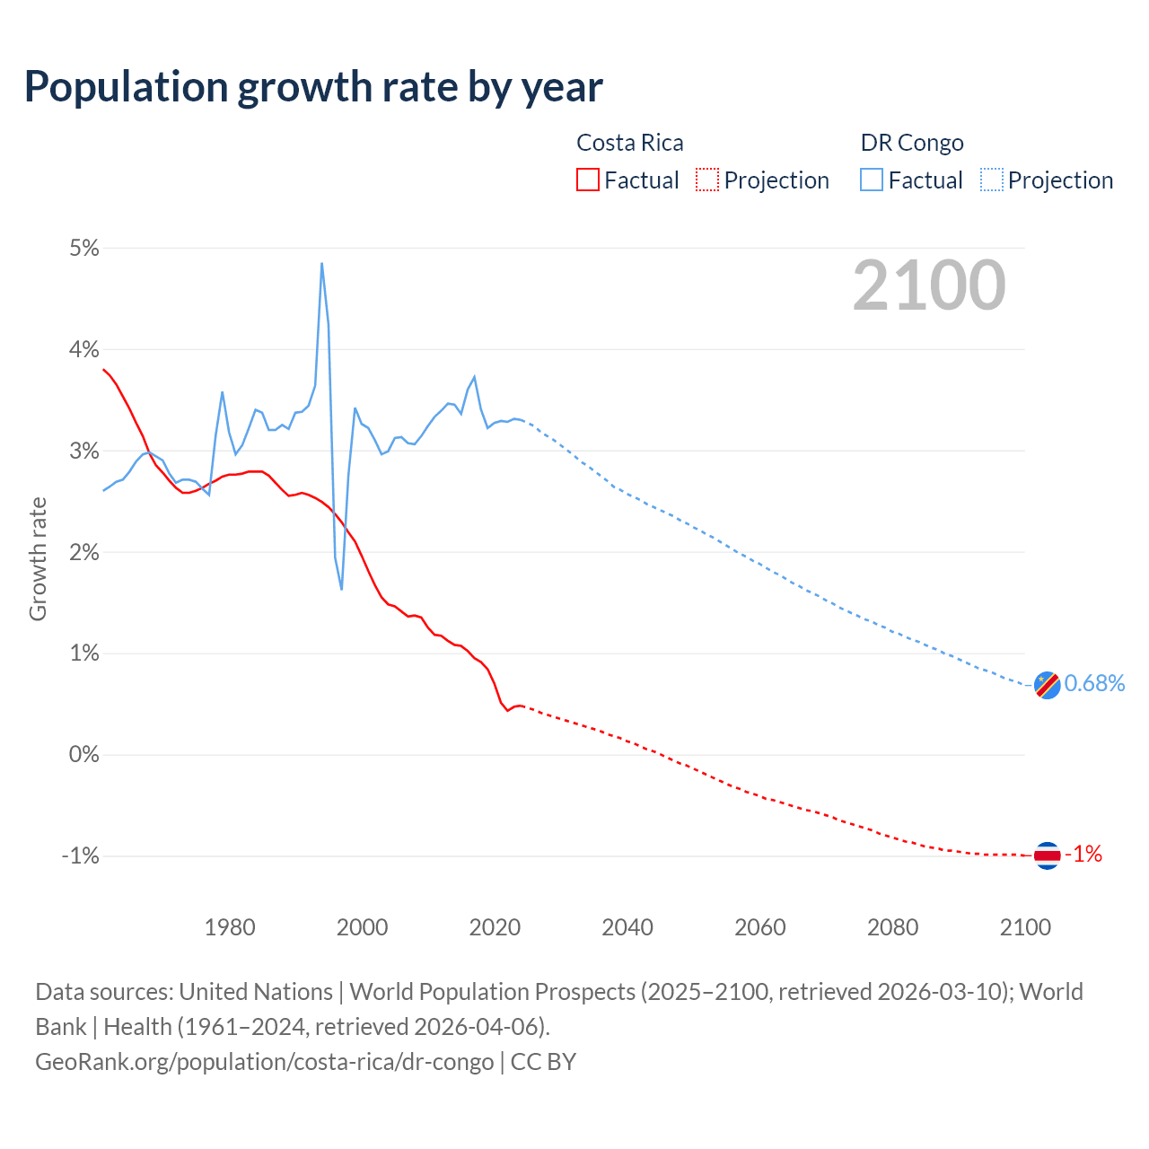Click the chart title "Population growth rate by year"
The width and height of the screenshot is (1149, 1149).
313,87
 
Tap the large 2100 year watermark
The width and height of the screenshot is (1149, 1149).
929,285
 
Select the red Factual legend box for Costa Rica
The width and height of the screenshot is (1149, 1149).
587,180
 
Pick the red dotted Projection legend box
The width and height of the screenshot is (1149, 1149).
707,180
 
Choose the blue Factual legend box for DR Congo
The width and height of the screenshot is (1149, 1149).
872,180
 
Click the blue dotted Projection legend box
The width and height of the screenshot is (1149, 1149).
991,180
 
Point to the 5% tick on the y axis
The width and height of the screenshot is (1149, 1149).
83,248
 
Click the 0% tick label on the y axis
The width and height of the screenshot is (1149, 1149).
83,754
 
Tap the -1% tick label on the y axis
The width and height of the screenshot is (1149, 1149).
80,855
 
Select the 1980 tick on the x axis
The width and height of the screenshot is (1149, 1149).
230,927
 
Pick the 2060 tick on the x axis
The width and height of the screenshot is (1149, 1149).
760,927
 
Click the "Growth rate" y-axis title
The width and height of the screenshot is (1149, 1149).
38,558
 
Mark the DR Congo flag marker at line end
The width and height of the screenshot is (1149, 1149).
1047,685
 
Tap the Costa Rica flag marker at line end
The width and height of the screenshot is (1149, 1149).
1047,855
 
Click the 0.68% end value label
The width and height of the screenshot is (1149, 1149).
1094,684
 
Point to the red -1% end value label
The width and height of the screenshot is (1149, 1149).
1083,855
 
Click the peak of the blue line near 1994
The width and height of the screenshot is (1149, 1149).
321,264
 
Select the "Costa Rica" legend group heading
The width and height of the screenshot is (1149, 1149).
629,143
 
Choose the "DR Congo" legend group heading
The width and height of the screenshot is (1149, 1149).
912,143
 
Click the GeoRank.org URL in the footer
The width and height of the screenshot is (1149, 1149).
264,1062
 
